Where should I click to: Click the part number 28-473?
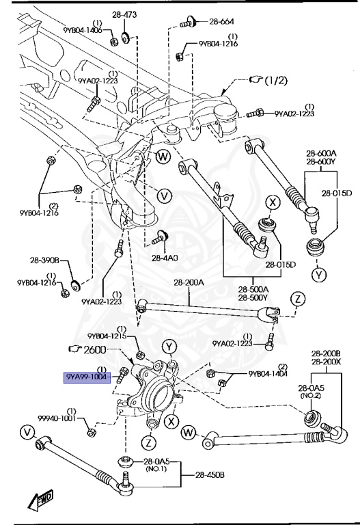click(124, 15)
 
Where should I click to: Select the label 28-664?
click(221, 22)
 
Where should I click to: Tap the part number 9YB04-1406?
click(83, 30)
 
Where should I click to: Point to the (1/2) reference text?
click(276, 81)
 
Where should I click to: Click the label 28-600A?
click(321, 153)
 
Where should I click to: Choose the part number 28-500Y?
click(253, 297)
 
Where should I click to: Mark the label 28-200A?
click(189, 282)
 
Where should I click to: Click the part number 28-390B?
click(44, 260)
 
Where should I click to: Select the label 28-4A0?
click(165, 258)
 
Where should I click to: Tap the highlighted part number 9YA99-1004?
click(87, 377)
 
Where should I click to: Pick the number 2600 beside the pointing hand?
click(95, 349)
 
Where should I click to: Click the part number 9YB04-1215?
click(107, 336)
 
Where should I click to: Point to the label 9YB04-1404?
click(268, 373)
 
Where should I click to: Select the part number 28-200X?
click(326, 362)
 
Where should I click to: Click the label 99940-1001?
click(57, 418)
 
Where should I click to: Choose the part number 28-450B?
click(210, 474)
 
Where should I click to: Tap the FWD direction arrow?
click(41, 499)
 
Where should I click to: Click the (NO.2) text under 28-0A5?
click(311, 395)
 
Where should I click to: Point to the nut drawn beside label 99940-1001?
click(91, 432)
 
